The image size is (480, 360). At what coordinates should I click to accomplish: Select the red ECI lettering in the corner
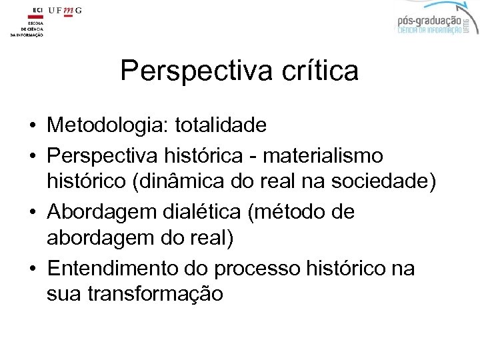coord(36,11)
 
